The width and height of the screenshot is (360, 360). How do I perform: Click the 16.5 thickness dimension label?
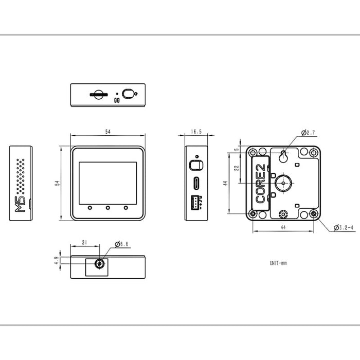click(196, 132)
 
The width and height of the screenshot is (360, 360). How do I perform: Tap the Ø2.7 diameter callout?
click(308, 133)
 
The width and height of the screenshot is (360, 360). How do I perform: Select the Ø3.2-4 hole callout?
click(344, 227)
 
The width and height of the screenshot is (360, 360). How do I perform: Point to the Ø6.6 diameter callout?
click(121, 244)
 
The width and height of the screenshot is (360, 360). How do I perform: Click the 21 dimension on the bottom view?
click(84, 242)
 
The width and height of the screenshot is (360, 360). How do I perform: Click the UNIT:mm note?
click(278, 263)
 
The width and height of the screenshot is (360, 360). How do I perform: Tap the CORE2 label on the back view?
click(261, 183)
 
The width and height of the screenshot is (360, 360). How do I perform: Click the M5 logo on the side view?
click(20, 204)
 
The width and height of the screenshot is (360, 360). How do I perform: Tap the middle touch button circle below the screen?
click(107, 208)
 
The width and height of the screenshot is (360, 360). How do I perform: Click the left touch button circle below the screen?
click(90, 208)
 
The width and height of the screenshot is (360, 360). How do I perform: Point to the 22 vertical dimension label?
click(237, 168)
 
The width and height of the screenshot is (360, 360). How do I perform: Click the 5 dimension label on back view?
click(237, 150)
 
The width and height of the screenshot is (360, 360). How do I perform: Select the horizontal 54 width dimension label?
click(107, 132)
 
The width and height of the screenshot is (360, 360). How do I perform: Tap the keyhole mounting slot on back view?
click(283, 156)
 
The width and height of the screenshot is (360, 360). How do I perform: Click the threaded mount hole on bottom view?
click(99, 263)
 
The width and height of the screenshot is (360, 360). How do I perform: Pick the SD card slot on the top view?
click(99, 94)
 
